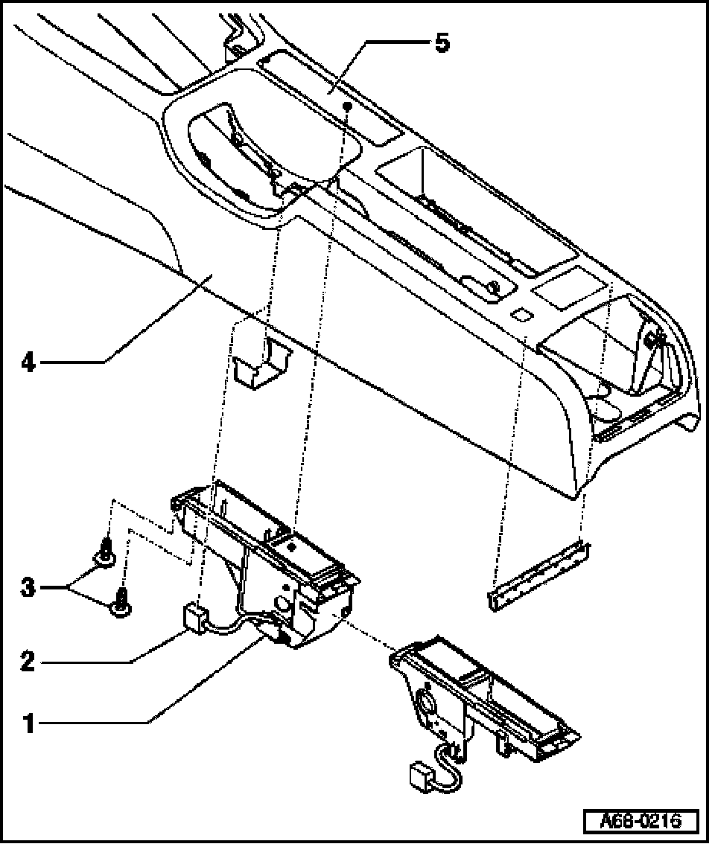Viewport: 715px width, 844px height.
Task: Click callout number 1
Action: (x=29, y=723)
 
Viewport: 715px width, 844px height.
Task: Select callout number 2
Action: (x=28, y=661)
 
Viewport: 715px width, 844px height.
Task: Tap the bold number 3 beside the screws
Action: (x=28, y=587)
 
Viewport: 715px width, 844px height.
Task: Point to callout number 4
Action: (x=28, y=363)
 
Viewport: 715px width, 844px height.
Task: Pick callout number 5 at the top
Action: (x=442, y=43)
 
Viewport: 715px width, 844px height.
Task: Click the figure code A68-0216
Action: (x=641, y=822)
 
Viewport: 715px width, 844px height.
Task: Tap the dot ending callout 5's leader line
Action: (x=348, y=108)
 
